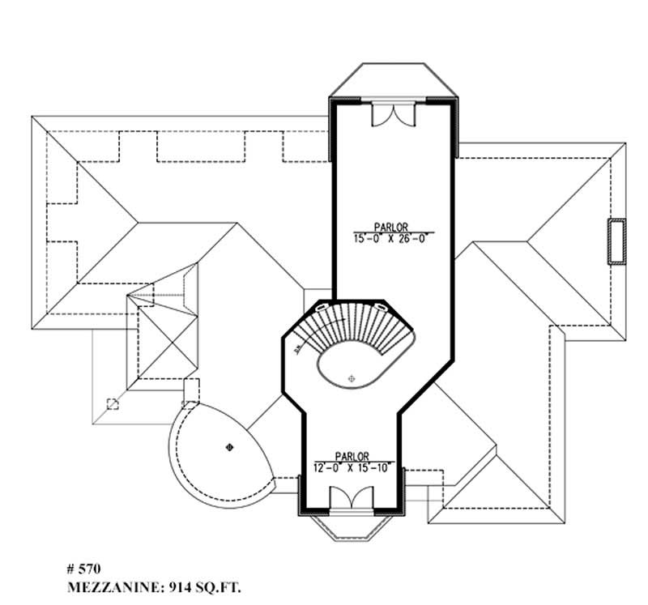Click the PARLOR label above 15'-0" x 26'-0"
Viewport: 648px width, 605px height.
tap(390, 227)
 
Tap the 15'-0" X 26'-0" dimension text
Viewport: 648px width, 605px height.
tap(390, 239)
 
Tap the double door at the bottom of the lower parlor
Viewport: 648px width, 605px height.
tap(352, 497)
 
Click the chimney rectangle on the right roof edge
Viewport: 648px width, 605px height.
tap(617, 241)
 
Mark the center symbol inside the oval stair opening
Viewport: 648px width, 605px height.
tap(351, 378)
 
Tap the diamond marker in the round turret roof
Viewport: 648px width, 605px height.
tap(228, 445)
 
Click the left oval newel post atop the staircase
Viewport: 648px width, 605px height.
tap(322, 308)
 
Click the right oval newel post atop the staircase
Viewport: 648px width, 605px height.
tap(382, 308)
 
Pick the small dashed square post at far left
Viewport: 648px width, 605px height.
tap(113, 404)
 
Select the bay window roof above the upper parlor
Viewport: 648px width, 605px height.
tap(393, 79)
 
